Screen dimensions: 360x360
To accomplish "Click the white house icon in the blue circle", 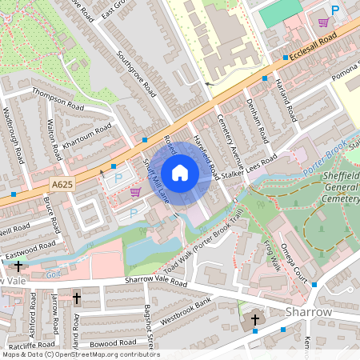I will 180,172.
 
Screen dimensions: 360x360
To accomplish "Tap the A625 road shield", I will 60,184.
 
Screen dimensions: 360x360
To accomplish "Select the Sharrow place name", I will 309,311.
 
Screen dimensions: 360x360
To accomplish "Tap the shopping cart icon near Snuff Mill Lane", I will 135,192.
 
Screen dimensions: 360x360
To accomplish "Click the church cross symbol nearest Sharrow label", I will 255,320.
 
